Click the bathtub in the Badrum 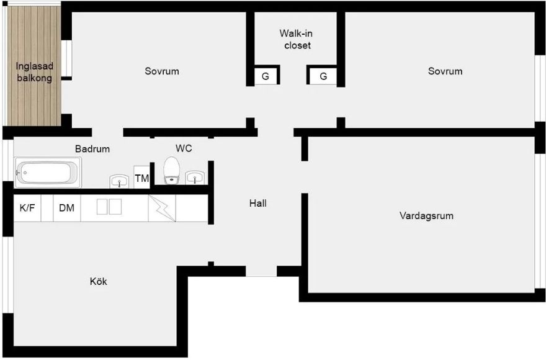point(48,172)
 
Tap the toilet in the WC point(171,171)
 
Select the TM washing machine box point(141,178)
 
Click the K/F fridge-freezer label point(27,208)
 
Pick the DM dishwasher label point(66,208)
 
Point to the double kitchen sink point(109,207)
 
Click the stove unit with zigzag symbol point(162,208)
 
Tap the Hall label point(257,203)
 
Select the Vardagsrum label point(426,216)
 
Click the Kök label point(98,281)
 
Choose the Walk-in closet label point(297,39)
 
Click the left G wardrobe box point(266,76)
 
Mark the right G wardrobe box point(323,76)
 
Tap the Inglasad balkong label point(35,72)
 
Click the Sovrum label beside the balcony point(162,71)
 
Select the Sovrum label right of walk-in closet point(445,71)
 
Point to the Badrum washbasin point(119,181)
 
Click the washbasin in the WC point(195,178)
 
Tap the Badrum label point(92,149)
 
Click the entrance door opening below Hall point(261,271)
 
